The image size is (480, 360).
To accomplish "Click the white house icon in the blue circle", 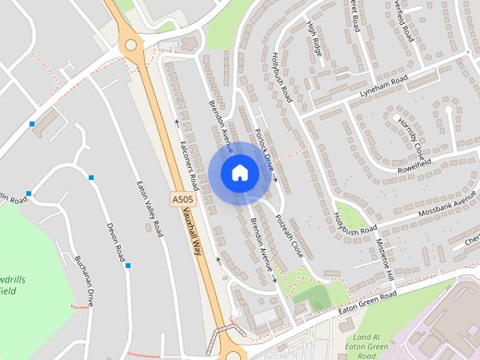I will click(240, 172).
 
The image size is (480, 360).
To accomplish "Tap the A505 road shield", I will click(182, 199).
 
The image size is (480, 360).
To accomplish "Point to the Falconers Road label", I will click(187, 164).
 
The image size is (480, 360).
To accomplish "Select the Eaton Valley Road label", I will click(149, 208).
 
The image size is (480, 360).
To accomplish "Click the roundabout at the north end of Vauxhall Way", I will click(133, 46).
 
